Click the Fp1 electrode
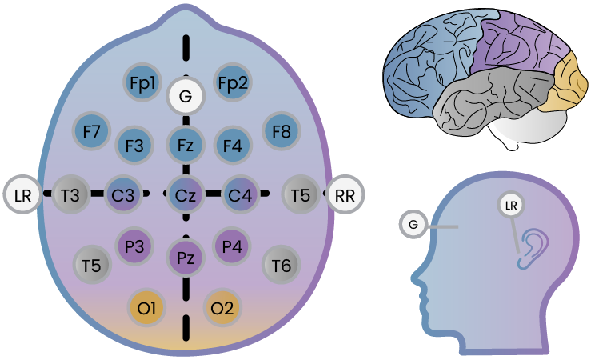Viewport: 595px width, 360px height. [x=145, y=82]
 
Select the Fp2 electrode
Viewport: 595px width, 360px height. [x=233, y=82]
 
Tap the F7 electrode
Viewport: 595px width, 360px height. [x=91, y=131]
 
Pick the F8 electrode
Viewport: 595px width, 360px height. [x=281, y=131]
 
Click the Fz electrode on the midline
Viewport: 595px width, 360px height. [x=186, y=146]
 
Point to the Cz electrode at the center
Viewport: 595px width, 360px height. [x=186, y=194]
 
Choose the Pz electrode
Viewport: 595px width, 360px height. [x=186, y=258]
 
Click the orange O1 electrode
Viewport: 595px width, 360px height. [x=146, y=306]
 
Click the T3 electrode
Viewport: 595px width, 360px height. [x=70, y=194]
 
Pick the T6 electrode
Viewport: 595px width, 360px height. [x=281, y=262]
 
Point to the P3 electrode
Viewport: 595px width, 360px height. [x=134, y=246]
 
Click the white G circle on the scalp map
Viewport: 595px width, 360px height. [x=186, y=98]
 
